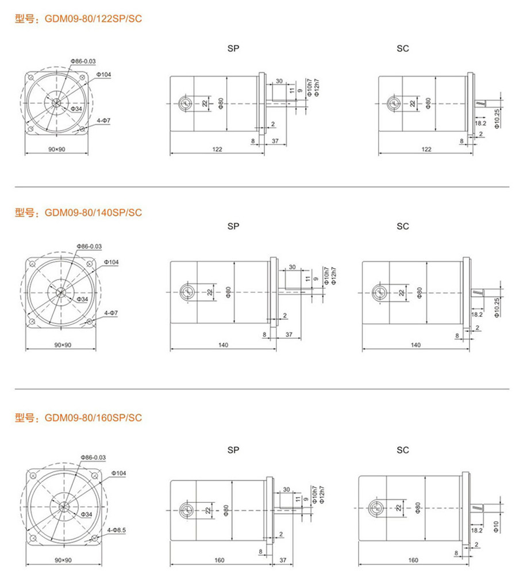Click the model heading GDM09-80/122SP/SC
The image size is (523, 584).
tap(93, 18)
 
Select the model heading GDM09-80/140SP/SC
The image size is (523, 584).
tap(93, 213)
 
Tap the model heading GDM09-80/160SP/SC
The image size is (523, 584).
tap(93, 418)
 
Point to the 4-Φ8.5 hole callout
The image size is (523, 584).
tap(117, 529)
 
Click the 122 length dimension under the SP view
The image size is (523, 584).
tap(217, 150)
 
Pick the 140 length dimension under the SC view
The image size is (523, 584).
tap(416, 345)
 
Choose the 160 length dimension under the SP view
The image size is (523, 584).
tap(220, 560)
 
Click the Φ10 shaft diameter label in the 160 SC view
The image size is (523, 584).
tap(496, 526)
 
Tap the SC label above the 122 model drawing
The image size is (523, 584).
tap(403, 48)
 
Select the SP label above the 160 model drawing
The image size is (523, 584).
tap(233, 450)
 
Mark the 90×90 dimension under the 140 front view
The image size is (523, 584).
tap(63, 345)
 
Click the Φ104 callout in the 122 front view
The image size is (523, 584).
tap(104, 74)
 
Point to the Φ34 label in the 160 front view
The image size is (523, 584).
tap(87, 514)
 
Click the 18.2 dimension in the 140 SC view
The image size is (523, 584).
tap(477, 315)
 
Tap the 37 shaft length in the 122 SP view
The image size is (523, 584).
tap(275, 141)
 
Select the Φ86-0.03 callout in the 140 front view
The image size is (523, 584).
tap(89, 246)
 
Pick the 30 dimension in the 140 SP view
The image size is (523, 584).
tap(293, 267)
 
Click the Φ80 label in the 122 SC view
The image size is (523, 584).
tap(428, 103)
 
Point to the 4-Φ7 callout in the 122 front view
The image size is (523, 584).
tap(104, 121)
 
